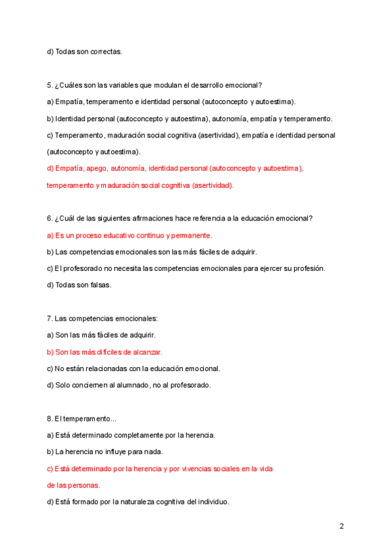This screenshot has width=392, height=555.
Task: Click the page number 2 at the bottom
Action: [342, 526]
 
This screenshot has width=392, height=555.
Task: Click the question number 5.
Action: [50, 85]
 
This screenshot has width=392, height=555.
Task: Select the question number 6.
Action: [50, 218]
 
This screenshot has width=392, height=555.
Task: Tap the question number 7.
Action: [50, 319]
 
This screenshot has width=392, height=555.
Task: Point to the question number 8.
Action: [50, 418]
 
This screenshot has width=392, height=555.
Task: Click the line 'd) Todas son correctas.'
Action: [84, 51]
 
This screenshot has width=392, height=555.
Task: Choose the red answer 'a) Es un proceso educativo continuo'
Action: [129, 235]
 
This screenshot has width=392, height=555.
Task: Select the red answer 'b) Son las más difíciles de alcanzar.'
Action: [105, 352]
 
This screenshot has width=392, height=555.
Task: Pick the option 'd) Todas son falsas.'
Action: [79, 285]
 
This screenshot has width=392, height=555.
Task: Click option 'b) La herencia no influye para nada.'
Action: [105, 452]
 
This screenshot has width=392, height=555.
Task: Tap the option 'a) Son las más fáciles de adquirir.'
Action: [101, 335]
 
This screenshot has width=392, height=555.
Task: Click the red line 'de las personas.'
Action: [73, 486]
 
